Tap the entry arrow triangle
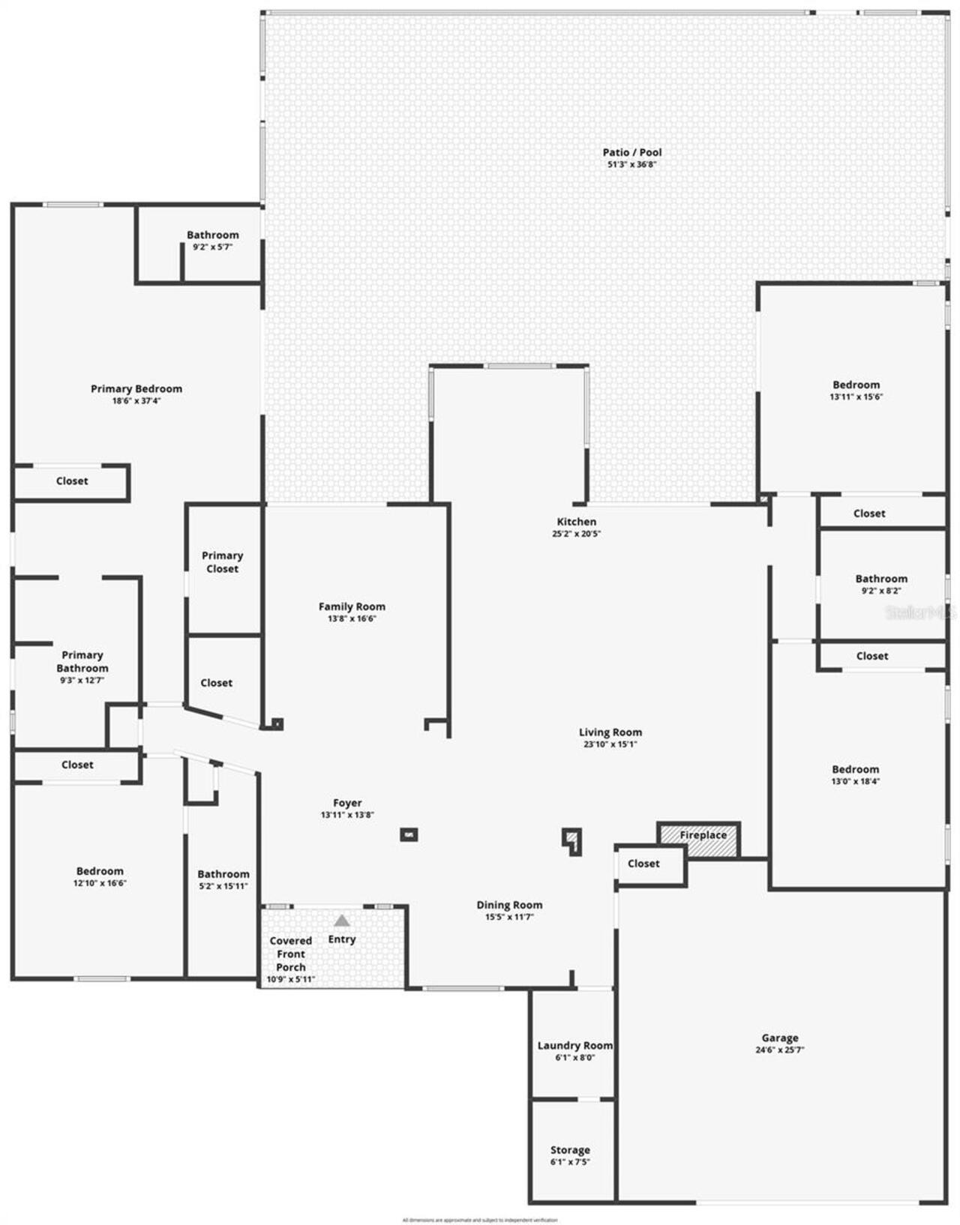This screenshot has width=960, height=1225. click(x=342, y=921)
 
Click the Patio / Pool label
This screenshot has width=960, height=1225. click(x=632, y=152)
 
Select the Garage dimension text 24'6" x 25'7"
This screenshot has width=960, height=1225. click(x=780, y=1050)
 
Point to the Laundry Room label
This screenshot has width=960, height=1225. click(x=574, y=1046)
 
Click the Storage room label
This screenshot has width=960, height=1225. click(x=570, y=1150)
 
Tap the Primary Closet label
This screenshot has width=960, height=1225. click(x=222, y=562)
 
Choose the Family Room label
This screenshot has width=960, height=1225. click(x=352, y=607)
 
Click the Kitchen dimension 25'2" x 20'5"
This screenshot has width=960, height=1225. click(x=576, y=535)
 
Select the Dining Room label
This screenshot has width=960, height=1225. click(x=509, y=905)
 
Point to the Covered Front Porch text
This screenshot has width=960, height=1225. click(x=291, y=954)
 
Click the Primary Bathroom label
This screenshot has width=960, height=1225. click(x=82, y=661)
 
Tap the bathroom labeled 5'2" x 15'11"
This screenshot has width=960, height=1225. click(x=223, y=879)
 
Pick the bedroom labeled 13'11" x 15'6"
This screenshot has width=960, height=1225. click(x=856, y=391)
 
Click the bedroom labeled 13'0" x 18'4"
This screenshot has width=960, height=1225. click(x=855, y=774)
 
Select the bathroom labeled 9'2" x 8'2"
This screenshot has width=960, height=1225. click(x=881, y=584)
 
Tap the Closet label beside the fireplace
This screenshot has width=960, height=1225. click(x=643, y=864)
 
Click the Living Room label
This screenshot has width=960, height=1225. click(x=610, y=732)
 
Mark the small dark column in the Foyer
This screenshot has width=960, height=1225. click(x=409, y=834)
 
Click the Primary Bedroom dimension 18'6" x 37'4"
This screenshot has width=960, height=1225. click(x=136, y=401)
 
